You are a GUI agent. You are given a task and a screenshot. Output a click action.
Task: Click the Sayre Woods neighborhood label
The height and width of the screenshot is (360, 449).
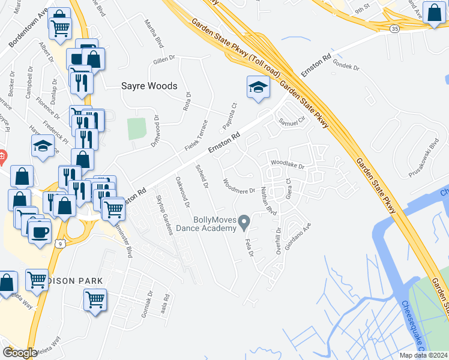[149, 86]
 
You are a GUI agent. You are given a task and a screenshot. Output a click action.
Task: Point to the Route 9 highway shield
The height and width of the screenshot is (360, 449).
[59, 243]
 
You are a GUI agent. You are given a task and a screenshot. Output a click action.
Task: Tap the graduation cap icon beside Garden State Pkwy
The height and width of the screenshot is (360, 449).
[258, 88]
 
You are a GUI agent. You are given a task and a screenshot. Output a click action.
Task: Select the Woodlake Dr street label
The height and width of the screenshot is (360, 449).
[288, 163]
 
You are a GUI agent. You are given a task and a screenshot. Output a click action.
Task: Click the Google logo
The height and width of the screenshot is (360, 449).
[20, 352]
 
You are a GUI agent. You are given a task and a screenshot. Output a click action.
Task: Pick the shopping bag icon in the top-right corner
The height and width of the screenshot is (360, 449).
[434, 13]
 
